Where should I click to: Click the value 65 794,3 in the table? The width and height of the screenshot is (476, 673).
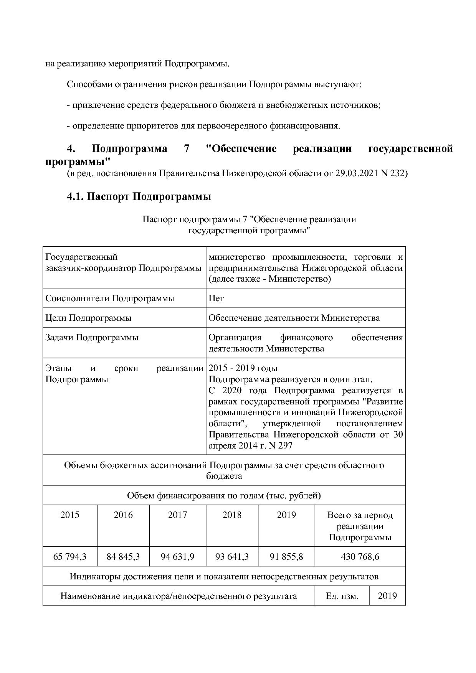69,556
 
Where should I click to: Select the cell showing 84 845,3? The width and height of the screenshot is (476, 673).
123,556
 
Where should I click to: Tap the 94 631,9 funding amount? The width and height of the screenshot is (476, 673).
177,556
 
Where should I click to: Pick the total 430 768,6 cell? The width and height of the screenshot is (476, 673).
360,556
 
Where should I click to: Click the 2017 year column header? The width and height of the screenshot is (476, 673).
177,515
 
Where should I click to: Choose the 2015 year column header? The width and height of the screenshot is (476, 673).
69,515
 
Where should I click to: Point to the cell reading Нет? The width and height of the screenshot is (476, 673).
216,298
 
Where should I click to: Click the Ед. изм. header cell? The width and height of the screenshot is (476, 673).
342,596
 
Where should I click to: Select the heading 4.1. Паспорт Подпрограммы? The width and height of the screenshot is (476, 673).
139,197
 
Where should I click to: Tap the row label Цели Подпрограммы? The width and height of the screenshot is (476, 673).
88,318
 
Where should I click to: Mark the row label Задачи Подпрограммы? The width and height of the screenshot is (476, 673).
92,338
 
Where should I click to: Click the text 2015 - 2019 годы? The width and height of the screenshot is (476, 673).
243,368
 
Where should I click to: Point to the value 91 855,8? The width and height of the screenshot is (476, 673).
286,556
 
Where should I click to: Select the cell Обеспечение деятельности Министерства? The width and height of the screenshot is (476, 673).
294,318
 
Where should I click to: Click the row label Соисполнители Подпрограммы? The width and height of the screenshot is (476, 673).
109,298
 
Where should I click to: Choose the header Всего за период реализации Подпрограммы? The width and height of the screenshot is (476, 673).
360,526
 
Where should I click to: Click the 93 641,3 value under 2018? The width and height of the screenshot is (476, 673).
232,556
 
